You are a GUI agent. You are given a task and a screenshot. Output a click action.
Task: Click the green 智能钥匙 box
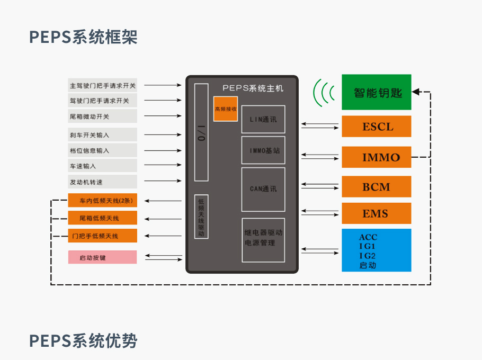point(376,92)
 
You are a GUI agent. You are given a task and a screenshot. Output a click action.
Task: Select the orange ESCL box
point(376,127)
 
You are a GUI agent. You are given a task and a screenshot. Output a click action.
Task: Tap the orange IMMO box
point(376,157)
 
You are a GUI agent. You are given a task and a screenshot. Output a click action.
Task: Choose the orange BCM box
point(376,187)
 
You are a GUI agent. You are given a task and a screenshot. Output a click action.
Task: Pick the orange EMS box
point(376,214)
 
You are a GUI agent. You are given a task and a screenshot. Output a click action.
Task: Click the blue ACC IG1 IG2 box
point(376,250)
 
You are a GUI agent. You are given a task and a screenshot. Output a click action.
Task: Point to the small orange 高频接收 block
point(225,109)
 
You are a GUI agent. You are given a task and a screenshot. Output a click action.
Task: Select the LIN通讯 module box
point(263,119)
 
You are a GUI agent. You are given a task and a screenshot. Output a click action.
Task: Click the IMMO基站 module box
point(263,150)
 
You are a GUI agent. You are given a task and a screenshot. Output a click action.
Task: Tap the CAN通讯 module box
point(263,188)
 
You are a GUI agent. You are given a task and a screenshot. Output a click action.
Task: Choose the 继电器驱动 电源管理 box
point(263,240)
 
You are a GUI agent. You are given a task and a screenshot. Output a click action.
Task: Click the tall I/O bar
point(201,132)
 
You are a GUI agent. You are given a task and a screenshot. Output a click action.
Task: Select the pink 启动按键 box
point(102,257)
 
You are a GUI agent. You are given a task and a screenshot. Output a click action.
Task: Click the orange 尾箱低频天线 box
point(102,218)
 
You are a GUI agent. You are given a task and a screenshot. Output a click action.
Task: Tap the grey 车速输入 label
point(102,166)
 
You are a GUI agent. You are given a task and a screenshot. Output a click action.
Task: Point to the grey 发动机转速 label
point(102,182)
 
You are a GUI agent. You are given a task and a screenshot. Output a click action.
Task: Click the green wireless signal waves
point(324,93)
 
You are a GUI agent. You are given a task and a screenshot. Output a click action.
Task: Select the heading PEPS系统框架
point(83,37)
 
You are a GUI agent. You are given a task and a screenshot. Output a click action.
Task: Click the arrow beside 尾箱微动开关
point(163,116)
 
